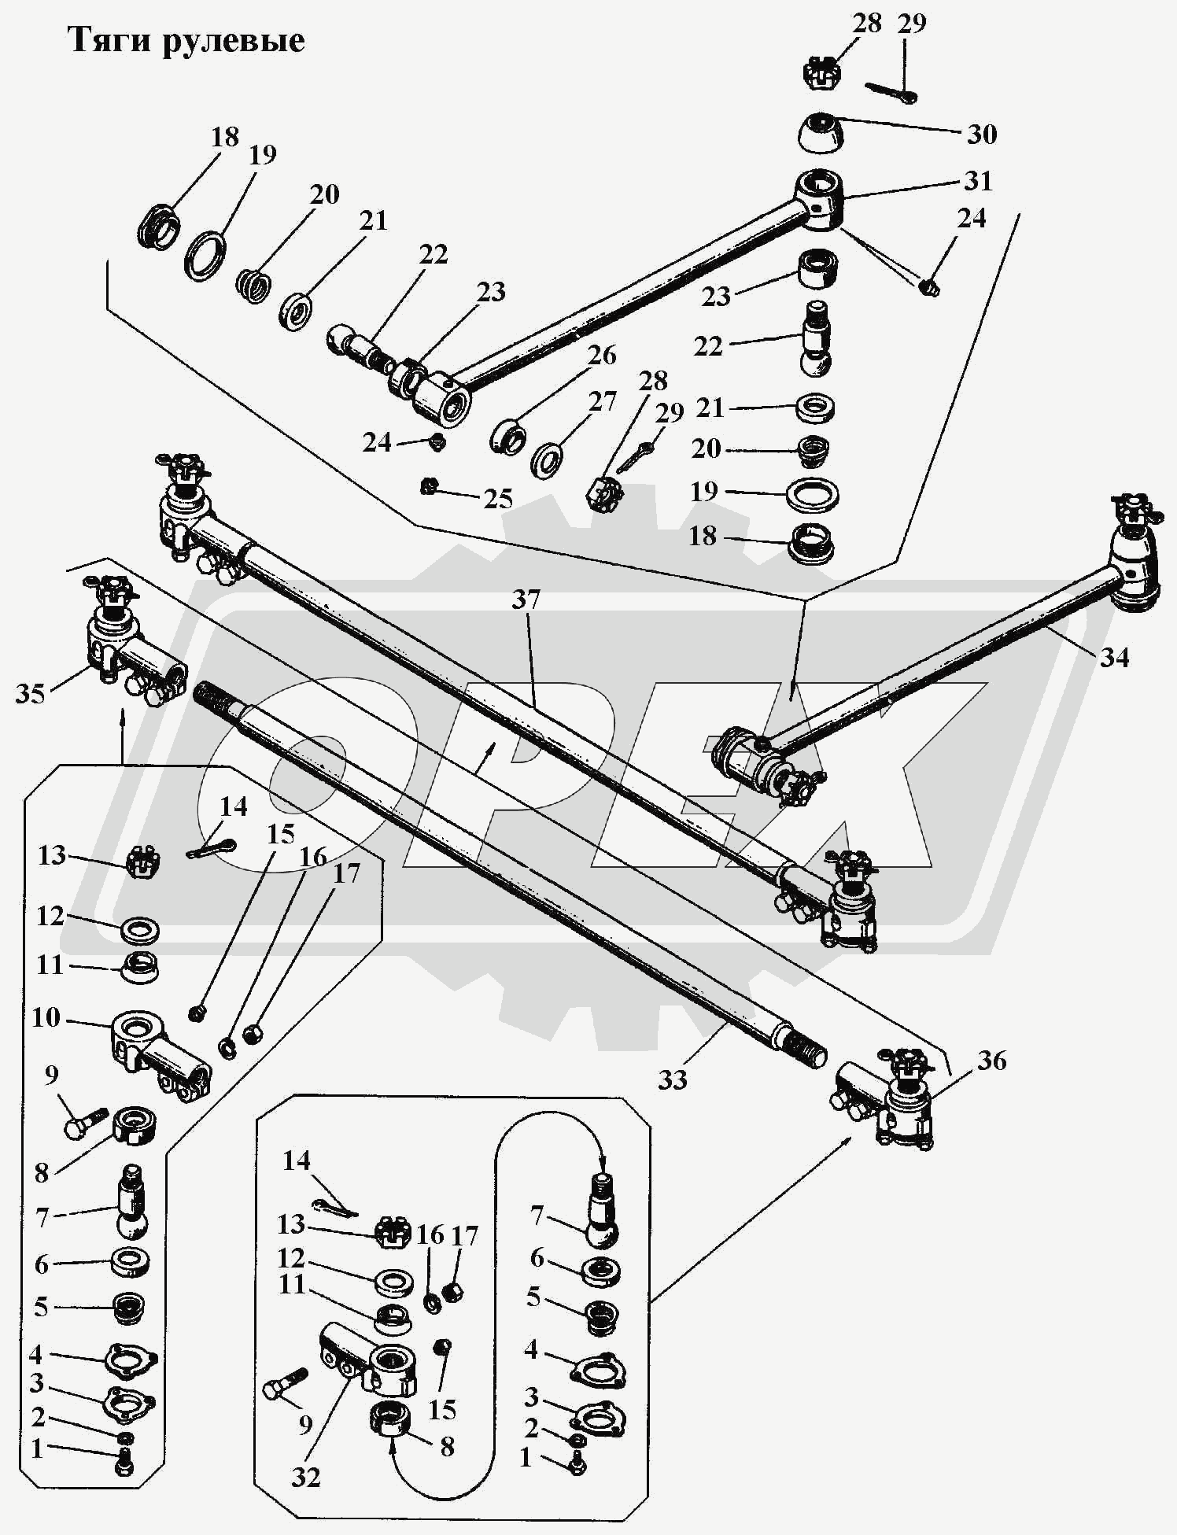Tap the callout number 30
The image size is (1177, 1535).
981,134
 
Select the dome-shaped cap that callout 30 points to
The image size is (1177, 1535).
820,133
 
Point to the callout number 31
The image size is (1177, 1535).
978,181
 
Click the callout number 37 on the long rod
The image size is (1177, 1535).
526,600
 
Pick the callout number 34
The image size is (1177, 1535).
1113,656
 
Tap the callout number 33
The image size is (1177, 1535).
673,1079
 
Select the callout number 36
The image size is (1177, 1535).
991,1061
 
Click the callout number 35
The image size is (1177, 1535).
30,694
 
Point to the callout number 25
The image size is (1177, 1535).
497,499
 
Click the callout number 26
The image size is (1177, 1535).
602,355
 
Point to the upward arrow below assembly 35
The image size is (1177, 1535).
122,720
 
